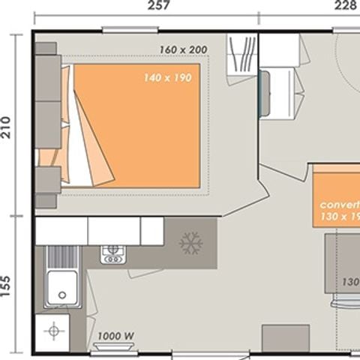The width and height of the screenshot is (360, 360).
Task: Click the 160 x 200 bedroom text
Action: [182, 50]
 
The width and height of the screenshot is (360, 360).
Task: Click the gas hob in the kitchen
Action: [113, 253]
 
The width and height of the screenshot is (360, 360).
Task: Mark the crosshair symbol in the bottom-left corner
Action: [52, 330]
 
